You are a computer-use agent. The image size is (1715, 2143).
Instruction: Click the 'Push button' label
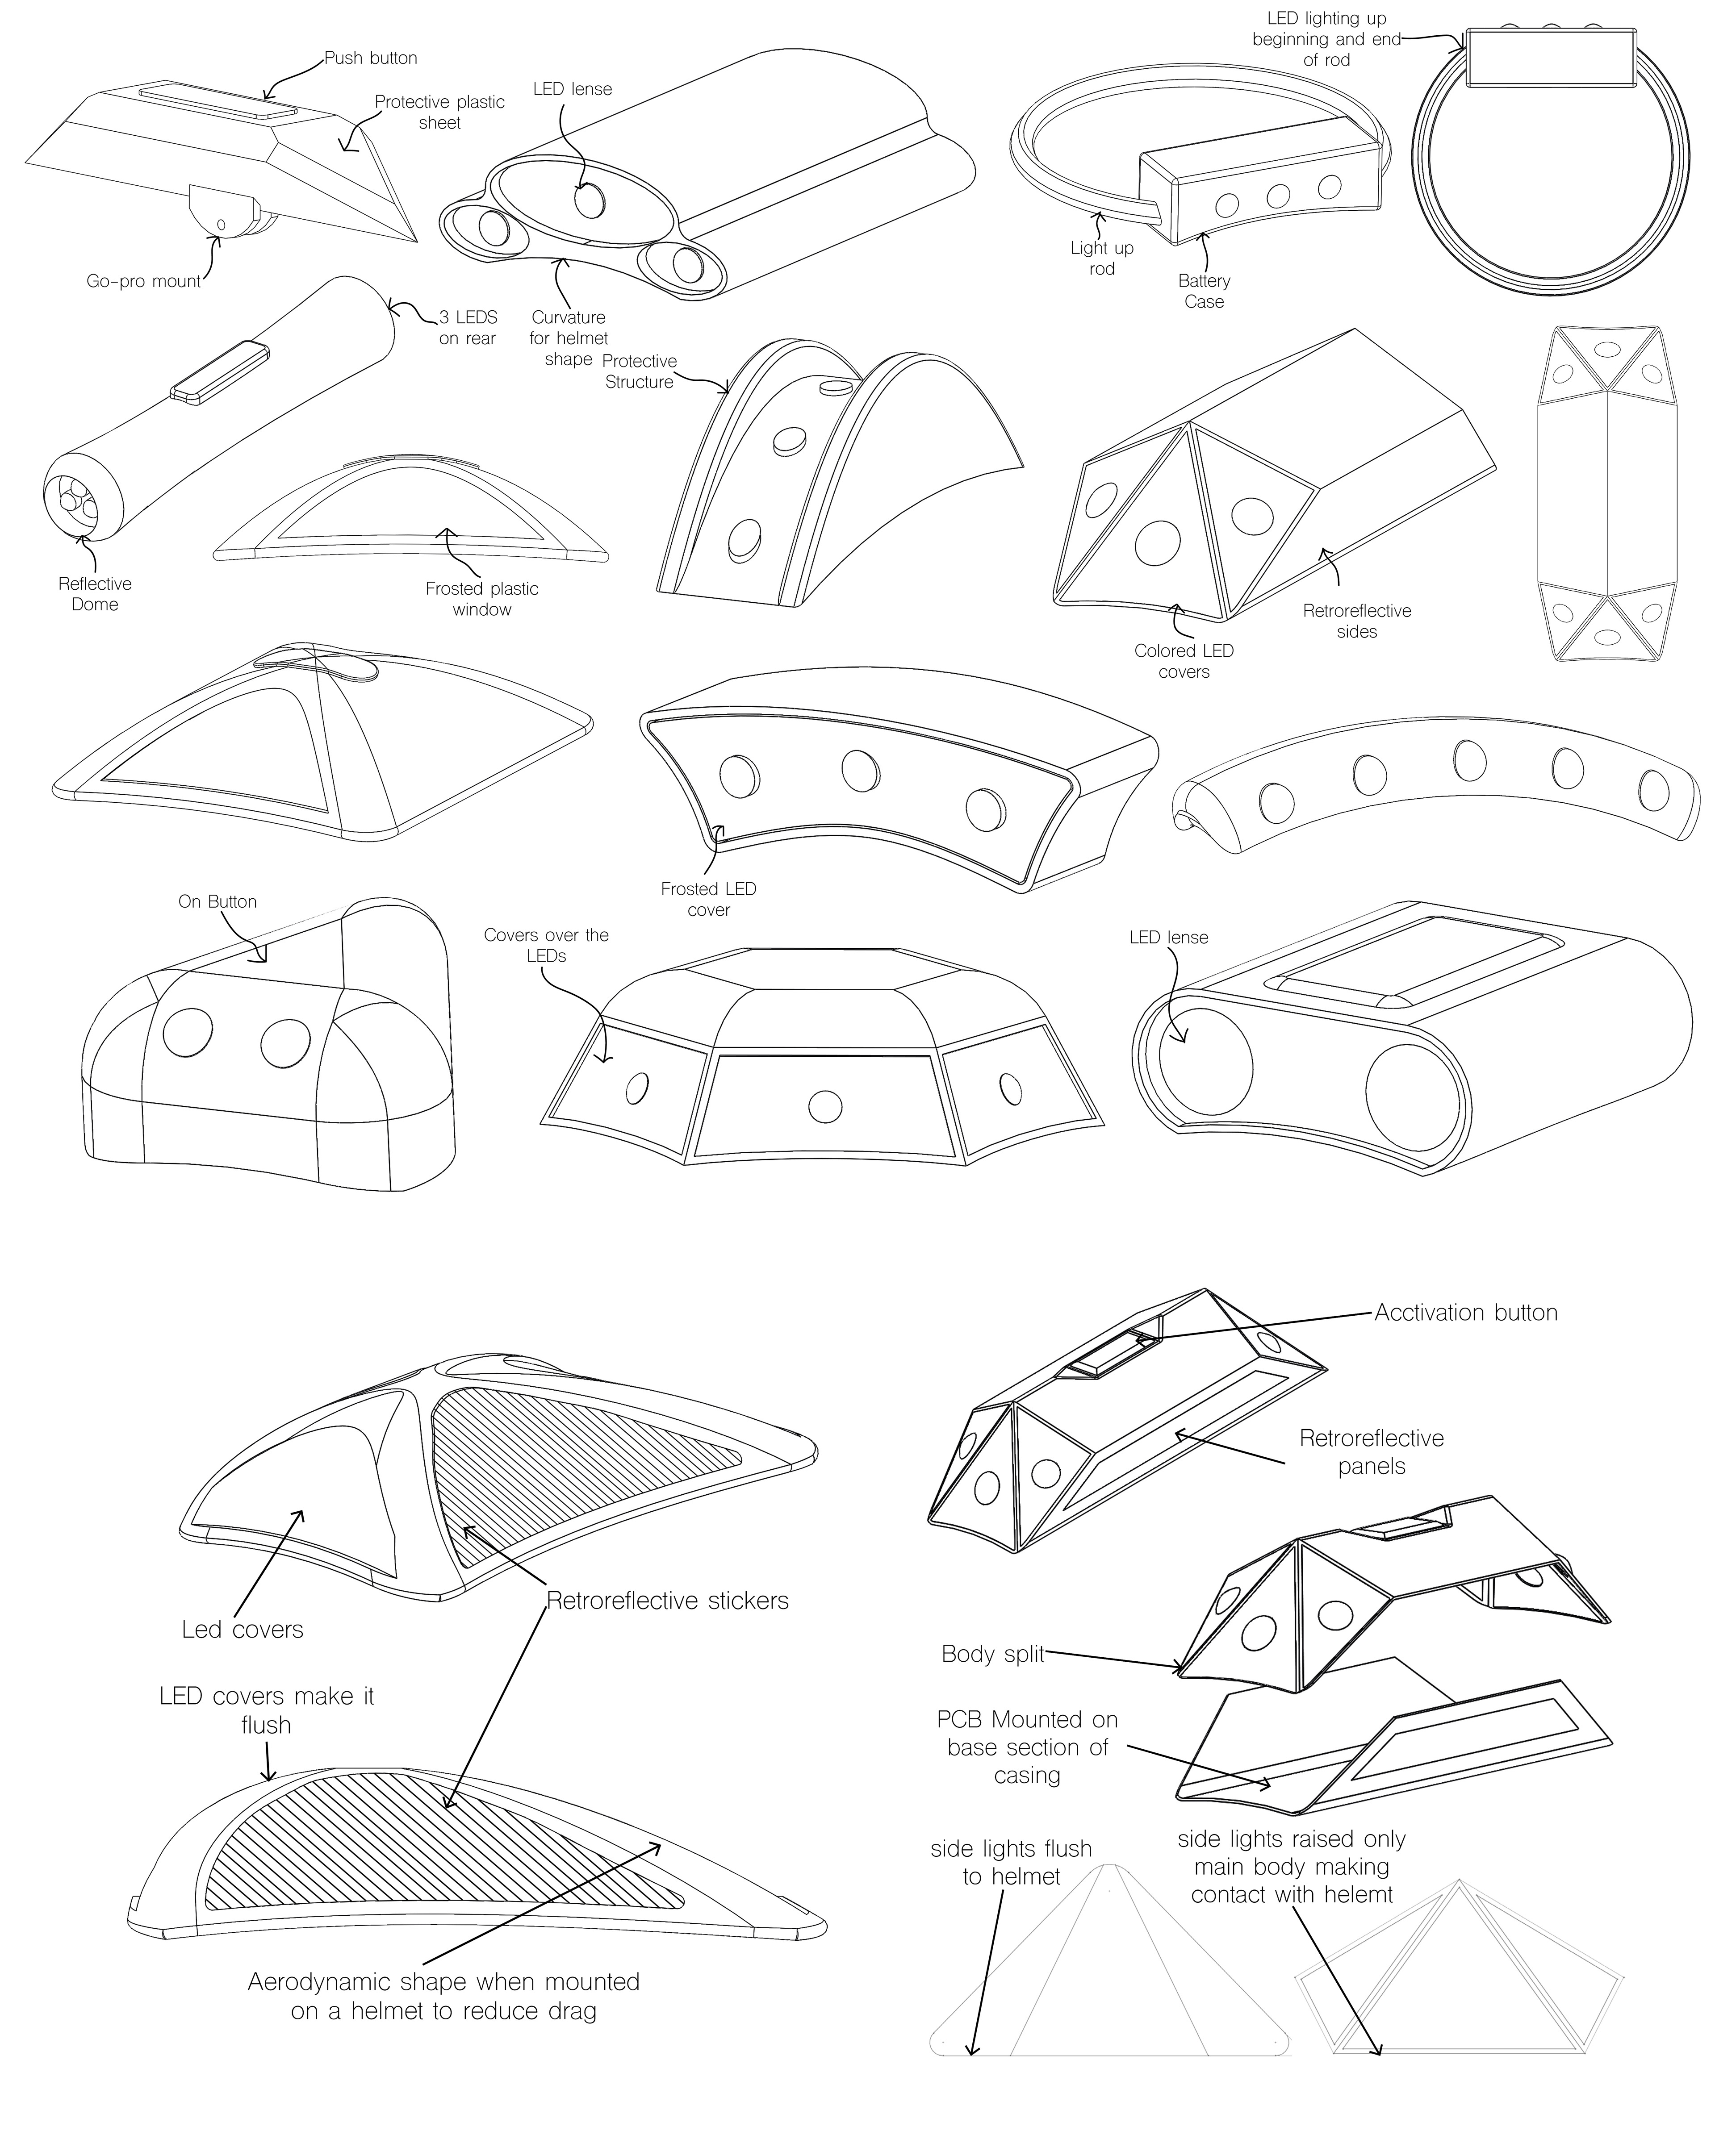coord(371,58)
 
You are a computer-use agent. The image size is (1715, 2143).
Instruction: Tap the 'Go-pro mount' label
coord(143,281)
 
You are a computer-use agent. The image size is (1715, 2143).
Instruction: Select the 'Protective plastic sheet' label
coord(439,113)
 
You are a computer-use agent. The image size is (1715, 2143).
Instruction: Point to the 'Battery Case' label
coord(1204,291)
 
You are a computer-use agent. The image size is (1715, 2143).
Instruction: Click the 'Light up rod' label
coord(1102,258)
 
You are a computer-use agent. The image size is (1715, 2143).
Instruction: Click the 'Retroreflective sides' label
coord(1357,621)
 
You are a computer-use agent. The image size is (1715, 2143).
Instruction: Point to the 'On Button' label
coord(218,901)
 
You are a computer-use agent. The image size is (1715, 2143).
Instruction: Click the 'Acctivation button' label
coord(1465,1312)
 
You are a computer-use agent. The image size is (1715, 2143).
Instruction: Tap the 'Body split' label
coord(992,1654)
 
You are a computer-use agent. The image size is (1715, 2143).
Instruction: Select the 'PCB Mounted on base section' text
coord(1027,1747)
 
